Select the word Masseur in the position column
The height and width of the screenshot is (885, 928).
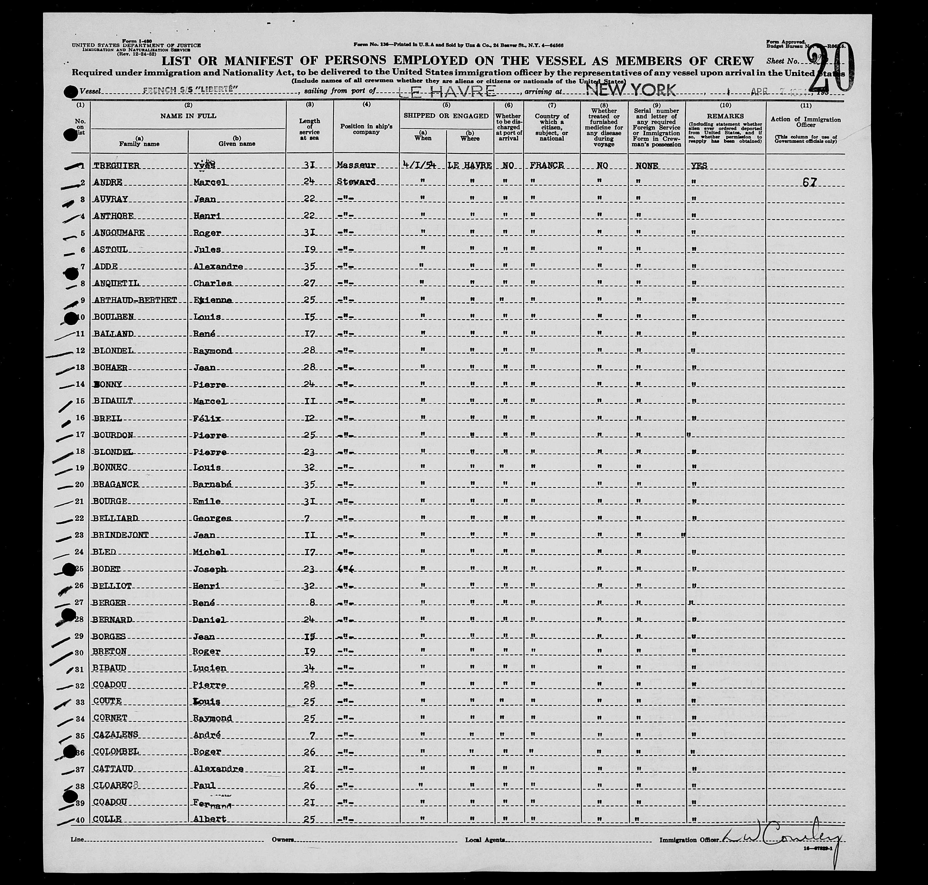(x=357, y=165)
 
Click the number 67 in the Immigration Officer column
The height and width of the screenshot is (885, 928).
(x=809, y=183)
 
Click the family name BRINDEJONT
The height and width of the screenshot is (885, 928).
(x=121, y=535)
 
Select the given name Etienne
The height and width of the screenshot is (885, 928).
(x=213, y=300)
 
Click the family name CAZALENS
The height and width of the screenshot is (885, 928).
(x=116, y=735)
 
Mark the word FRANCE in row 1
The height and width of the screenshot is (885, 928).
(x=547, y=165)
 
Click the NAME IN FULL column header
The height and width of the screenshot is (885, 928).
(x=188, y=116)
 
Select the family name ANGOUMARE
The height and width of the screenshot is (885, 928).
(x=119, y=233)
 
